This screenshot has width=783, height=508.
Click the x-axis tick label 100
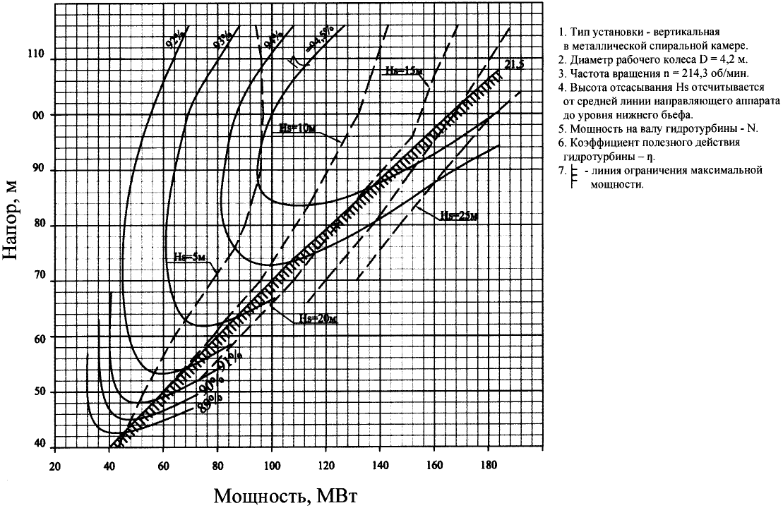(x=272, y=466)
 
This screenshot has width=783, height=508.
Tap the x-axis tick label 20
(x=54, y=466)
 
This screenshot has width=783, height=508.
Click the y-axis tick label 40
(x=39, y=444)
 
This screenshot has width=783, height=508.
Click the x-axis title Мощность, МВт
(x=286, y=495)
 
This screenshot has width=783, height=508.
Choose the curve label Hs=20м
(x=316, y=319)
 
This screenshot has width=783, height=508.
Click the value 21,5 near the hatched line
(x=513, y=65)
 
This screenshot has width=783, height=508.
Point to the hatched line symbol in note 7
(x=573, y=177)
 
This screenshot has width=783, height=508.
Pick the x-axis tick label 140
(x=381, y=466)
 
